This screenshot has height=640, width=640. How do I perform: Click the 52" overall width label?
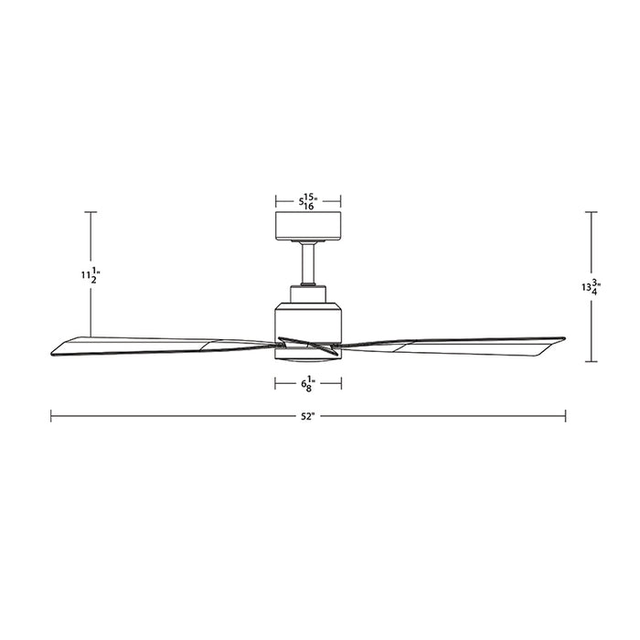(x=307, y=416)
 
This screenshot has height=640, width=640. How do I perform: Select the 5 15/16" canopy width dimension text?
(x=308, y=200)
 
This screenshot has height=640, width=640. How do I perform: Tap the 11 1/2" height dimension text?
(x=90, y=274)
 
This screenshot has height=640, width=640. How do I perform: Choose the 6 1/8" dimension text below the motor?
(x=308, y=384)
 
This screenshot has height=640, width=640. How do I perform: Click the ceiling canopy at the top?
(x=308, y=224)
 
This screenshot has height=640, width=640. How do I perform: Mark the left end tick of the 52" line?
(x=51, y=415)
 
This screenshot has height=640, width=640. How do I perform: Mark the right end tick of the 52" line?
(x=566, y=415)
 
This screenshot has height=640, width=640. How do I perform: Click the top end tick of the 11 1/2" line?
(x=91, y=212)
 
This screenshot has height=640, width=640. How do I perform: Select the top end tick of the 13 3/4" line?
(x=592, y=212)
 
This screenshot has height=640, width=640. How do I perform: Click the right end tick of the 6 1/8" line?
(x=341, y=384)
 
